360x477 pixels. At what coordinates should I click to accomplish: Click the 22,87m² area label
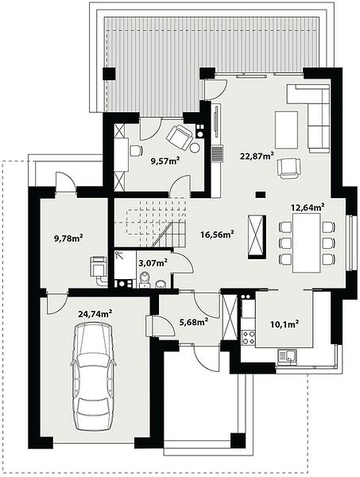(x=257, y=156)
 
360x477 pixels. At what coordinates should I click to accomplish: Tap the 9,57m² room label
(x=165, y=161)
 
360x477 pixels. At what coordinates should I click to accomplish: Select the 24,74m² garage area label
(x=95, y=314)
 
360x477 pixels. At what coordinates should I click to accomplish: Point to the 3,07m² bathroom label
(x=153, y=262)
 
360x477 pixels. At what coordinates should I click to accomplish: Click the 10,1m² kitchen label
(x=285, y=324)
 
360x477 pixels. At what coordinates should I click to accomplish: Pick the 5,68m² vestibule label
(x=194, y=321)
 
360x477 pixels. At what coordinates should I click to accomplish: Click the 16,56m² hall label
(x=217, y=235)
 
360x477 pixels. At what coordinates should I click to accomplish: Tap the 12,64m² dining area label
(x=308, y=207)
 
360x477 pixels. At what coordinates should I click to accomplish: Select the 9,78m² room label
(x=68, y=238)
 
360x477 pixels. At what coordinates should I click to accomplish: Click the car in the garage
(x=94, y=377)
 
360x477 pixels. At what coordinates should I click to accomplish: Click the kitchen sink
(x=288, y=356)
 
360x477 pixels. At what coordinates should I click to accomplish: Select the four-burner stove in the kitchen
(x=249, y=337)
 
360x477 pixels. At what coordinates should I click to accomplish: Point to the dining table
(x=307, y=242)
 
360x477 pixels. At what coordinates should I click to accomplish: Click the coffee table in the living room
(x=286, y=130)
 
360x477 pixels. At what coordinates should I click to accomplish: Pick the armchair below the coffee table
(x=288, y=169)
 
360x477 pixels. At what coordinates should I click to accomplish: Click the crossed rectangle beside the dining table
(x=257, y=237)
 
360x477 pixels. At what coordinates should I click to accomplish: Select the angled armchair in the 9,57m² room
(x=180, y=138)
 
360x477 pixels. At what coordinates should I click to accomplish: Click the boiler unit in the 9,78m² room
(x=99, y=267)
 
